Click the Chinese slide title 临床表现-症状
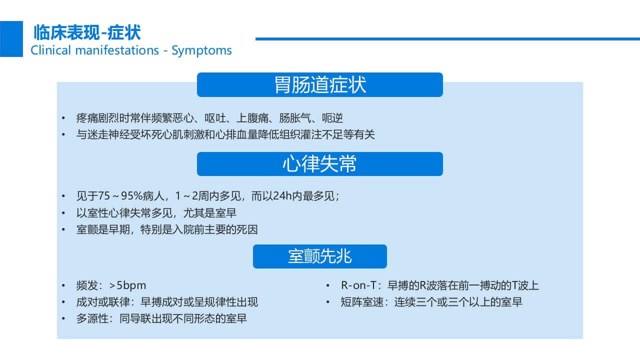(87, 33)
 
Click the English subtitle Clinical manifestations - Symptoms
(131, 50)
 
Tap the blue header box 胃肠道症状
(319, 84)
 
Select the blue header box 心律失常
(319, 164)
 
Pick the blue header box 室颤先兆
(319, 256)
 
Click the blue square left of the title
(11, 39)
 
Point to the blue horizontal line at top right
(447, 38)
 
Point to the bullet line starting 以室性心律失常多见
(156, 213)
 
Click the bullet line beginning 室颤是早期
(167, 229)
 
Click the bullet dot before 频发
(63, 286)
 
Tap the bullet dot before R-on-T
(327, 286)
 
